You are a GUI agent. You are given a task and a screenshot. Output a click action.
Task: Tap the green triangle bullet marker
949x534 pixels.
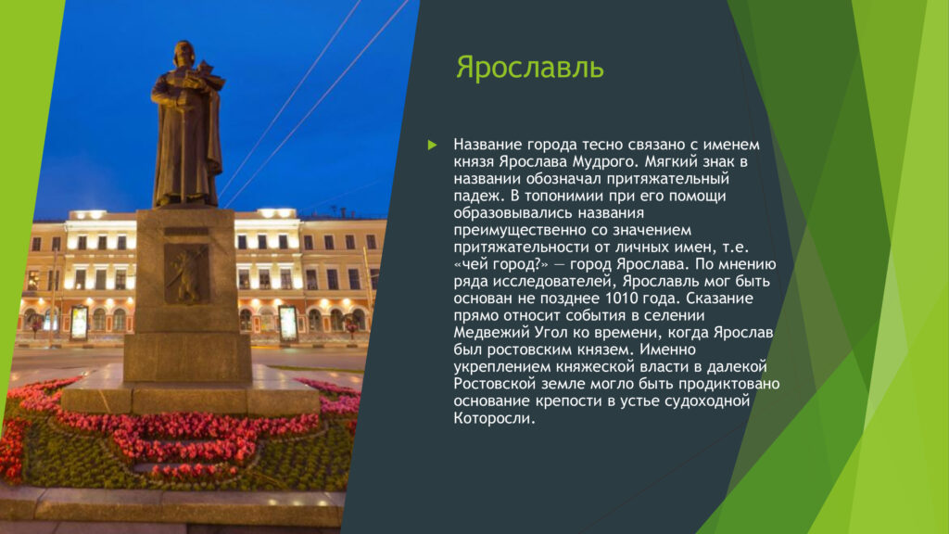click(x=432, y=145)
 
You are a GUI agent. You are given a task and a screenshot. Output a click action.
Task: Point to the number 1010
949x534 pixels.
click(x=622, y=298)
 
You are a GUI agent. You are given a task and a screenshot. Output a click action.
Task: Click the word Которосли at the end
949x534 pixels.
click(x=495, y=418)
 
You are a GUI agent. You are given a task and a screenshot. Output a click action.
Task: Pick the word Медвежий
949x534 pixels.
click(x=492, y=333)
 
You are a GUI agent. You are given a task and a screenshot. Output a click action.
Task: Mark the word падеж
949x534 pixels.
click(x=478, y=197)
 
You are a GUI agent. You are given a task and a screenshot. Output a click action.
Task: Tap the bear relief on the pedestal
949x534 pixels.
click(x=186, y=274)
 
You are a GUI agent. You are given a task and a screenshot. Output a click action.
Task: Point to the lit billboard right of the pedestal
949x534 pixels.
click(x=287, y=324)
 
